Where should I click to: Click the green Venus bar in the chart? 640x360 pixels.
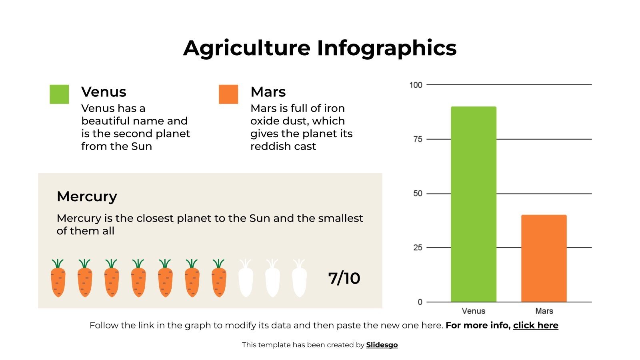[x=474, y=204]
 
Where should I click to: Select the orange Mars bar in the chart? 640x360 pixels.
[x=544, y=258]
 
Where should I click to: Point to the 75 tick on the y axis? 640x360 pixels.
[x=418, y=139]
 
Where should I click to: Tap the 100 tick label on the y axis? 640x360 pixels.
[x=416, y=85]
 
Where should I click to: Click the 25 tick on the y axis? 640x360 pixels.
[x=418, y=248]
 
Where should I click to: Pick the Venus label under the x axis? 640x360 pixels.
[x=473, y=311]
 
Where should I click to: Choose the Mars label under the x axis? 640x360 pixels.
[x=544, y=311]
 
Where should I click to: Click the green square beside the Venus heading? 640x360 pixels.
[x=59, y=94]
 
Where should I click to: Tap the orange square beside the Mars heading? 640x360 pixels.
[x=228, y=94]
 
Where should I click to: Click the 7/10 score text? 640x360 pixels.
[x=344, y=278]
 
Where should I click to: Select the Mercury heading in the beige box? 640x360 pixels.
[x=87, y=196]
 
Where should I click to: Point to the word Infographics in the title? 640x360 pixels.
[x=387, y=48]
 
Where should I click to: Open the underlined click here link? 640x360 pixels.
[x=536, y=325]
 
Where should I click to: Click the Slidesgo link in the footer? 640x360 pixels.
[x=382, y=345]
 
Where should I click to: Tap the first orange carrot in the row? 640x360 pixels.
[x=58, y=279]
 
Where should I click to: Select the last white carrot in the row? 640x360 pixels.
[x=299, y=279]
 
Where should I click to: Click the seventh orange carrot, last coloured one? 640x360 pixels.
[x=219, y=279]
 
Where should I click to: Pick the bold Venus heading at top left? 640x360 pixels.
[x=104, y=92]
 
